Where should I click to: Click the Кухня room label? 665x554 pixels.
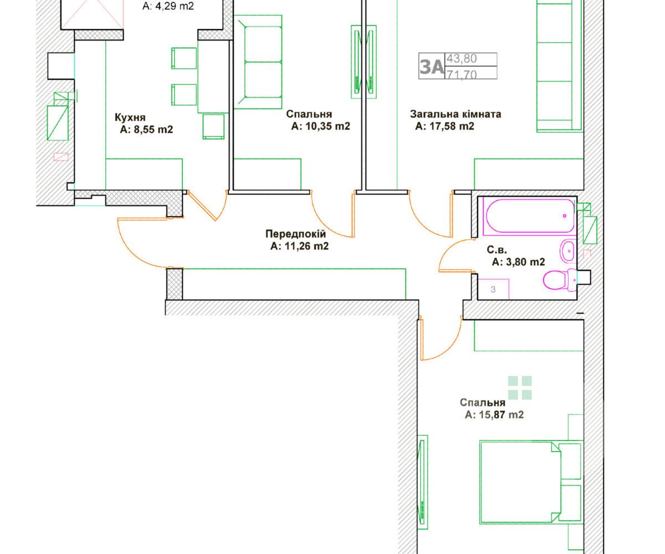[x=130, y=117]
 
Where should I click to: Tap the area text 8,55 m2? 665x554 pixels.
[x=152, y=130]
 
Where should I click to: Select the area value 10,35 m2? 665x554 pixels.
[x=328, y=126]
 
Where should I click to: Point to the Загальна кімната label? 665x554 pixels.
[x=456, y=114]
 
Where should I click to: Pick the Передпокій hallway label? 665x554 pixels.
[x=296, y=234]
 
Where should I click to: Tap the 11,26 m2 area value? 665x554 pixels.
[x=306, y=246]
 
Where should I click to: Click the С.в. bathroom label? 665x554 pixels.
[x=497, y=250]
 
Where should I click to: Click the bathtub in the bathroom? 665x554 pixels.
[x=529, y=216]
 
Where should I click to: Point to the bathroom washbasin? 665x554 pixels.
[x=567, y=251]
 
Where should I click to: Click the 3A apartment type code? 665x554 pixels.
[x=432, y=66]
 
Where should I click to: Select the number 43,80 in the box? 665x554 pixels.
[x=462, y=59]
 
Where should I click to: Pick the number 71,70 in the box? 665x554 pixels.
[x=462, y=74]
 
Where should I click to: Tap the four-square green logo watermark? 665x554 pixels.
[x=520, y=387]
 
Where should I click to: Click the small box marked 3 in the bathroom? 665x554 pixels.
[x=493, y=289]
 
